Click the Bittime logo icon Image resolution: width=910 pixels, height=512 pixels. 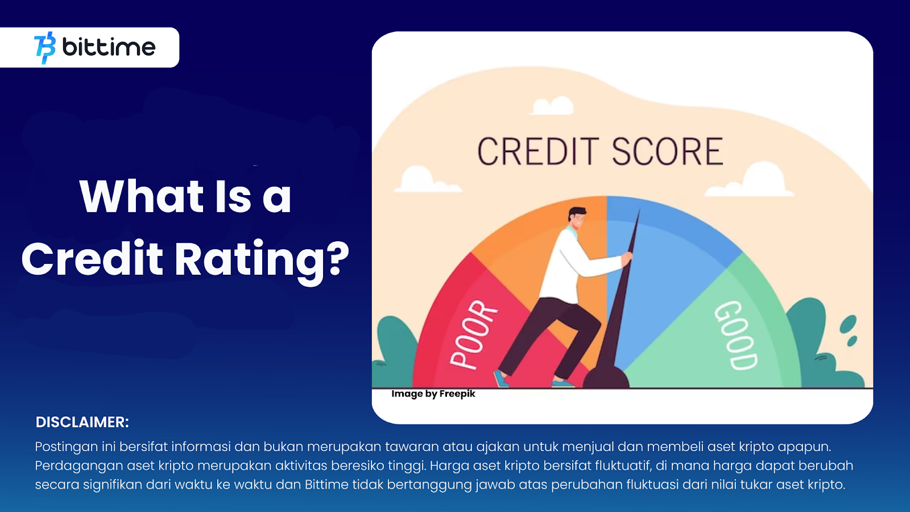45,48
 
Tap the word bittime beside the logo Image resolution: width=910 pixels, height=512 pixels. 109,47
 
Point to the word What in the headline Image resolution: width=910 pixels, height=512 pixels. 142,196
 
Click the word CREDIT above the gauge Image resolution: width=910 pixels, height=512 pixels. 538,151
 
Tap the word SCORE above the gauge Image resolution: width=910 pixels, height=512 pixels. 668,151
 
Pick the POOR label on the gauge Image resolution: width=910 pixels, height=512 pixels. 473,335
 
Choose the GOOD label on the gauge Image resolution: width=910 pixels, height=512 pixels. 736,335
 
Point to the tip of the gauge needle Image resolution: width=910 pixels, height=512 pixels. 639,210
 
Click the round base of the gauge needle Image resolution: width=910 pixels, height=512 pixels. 606,377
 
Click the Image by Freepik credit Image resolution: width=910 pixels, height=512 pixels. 433,394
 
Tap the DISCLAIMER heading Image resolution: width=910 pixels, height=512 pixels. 82,422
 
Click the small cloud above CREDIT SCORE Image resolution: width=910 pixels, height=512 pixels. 552,106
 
